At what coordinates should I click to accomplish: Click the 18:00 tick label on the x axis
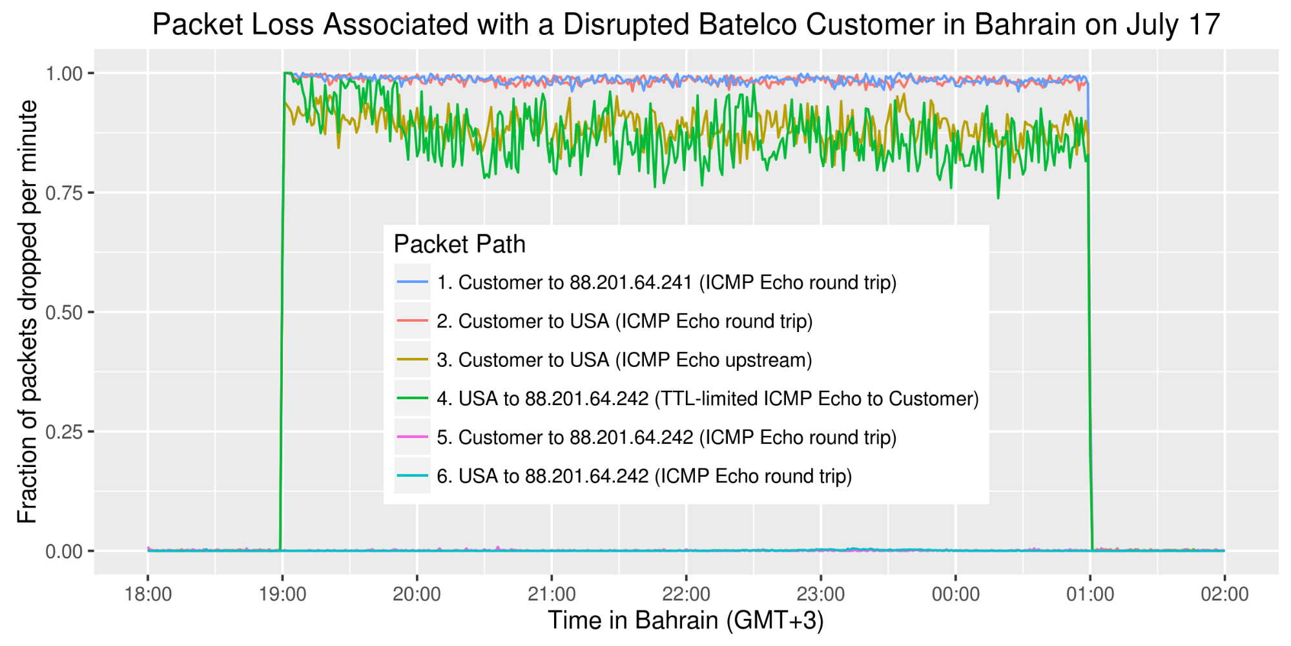point(148,594)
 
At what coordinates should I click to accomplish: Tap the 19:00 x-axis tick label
point(282,594)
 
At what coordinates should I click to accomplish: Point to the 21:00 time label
point(552,594)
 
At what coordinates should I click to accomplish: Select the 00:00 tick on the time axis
point(955,594)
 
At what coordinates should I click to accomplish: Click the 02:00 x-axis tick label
point(1224,594)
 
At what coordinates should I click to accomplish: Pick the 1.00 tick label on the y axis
point(64,74)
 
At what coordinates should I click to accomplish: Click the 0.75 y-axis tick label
point(64,193)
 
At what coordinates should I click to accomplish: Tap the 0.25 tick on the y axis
point(64,432)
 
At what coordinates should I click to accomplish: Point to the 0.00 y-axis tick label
point(64,552)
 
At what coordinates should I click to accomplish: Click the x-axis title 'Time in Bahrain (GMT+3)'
point(686,620)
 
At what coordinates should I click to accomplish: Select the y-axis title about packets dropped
point(27,311)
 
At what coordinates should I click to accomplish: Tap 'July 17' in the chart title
point(1173,25)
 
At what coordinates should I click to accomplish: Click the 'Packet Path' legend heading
point(459,244)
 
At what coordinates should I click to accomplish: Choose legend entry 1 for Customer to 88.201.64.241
point(666,282)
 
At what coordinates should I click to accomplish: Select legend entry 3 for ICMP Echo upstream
point(624,360)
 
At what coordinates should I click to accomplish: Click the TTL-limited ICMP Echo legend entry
point(708,399)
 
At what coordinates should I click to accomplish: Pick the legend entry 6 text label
point(644,476)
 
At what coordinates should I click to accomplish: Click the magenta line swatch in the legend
point(413,437)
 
